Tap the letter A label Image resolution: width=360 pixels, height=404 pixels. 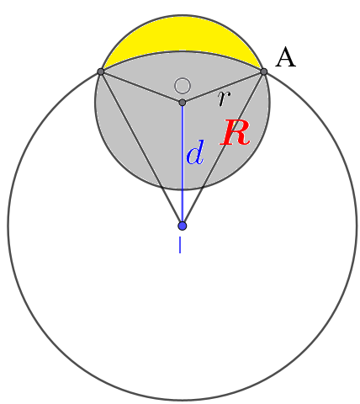tap(286, 57)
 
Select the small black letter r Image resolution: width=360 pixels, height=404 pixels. tap(223, 98)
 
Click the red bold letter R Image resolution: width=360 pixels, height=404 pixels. tap(235, 134)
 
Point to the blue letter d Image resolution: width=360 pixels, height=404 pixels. tap(194, 153)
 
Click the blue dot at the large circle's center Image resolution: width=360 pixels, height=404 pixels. tap(182, 226)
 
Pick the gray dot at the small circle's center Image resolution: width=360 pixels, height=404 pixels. tap(182, 103)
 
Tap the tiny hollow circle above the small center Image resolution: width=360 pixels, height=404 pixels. tap(182, 85)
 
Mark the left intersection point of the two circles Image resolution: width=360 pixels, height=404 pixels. tap(101, 72)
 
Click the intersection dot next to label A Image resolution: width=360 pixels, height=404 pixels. tap(263, 72)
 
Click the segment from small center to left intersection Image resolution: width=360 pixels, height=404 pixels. tap(141, 87)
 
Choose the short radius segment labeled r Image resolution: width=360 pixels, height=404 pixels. tap(223, 87)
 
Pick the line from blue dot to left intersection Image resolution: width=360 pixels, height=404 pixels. tap(141, 149)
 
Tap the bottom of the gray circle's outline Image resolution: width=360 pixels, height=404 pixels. tap(182, 190)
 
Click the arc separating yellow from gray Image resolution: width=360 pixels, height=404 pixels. tap(182, 51)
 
